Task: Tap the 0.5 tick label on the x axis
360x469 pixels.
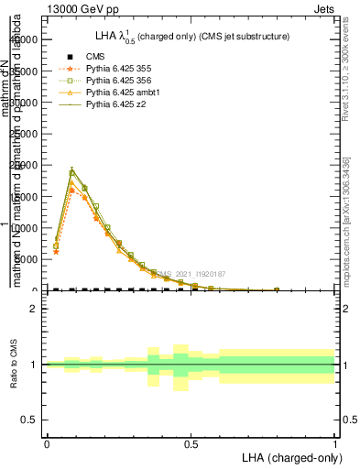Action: pos(191,443)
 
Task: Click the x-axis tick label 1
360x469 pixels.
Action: pos(335,443)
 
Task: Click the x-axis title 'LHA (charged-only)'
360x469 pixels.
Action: pos(289,456)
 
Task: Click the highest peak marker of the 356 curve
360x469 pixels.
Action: pos(71,172)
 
